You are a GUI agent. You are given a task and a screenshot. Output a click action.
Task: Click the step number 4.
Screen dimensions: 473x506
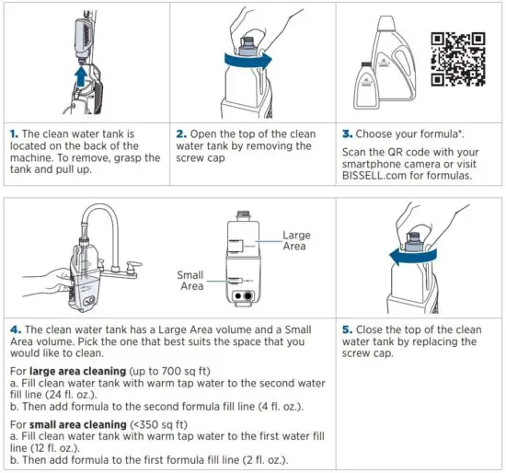pos(15,329)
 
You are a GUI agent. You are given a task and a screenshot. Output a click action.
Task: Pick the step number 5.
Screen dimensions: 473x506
pos(347,329)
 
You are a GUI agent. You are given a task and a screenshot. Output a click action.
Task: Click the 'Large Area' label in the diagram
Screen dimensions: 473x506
pos(296,241)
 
